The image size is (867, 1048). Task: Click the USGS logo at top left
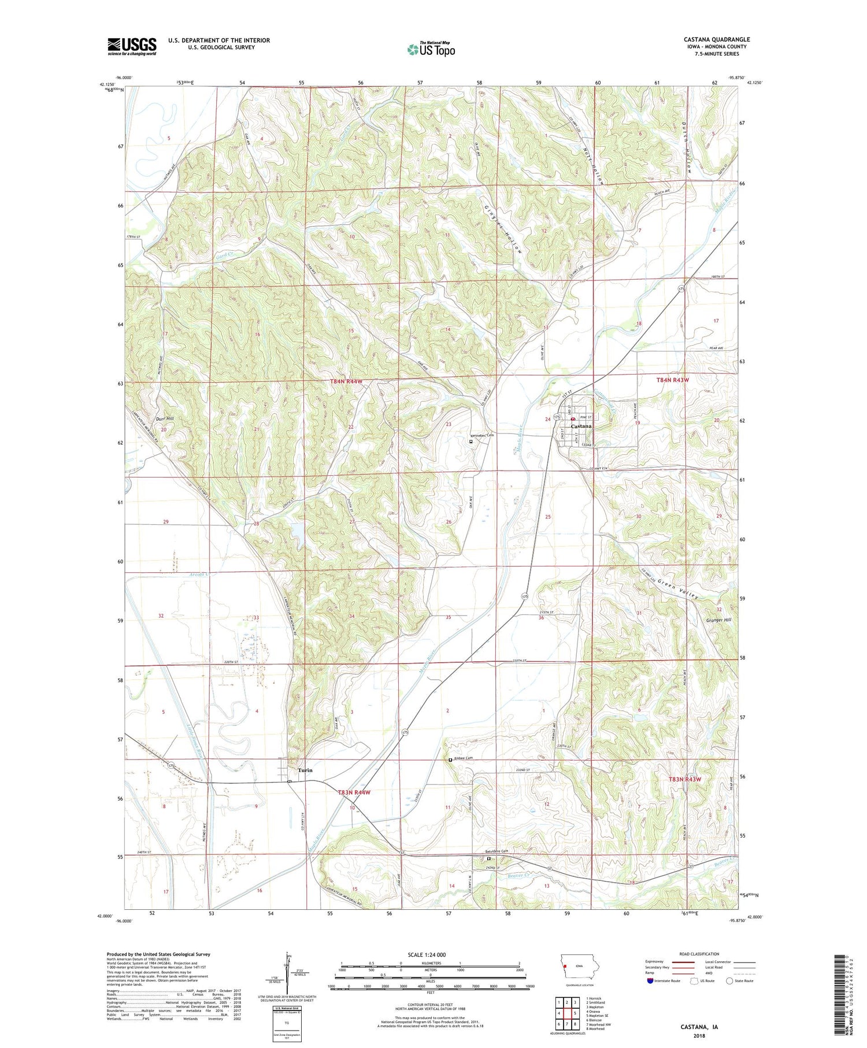click(x=132, y=46)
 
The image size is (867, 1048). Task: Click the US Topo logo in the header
click(x=431, y=50)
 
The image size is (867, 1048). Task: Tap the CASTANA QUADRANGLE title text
click(x=717, y=39)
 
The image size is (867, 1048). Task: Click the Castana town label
click(x=581, y=426)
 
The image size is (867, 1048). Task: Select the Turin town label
click(x=305, y=770)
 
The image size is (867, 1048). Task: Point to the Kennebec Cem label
click(x=483, y=435)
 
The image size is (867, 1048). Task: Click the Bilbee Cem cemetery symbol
click(x=451, y=760)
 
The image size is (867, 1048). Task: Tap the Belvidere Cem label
click(x=497, y=851)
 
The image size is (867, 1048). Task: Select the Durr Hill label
click(x=165, y=418)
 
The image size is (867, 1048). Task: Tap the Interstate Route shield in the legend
click(x=650, y=981)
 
